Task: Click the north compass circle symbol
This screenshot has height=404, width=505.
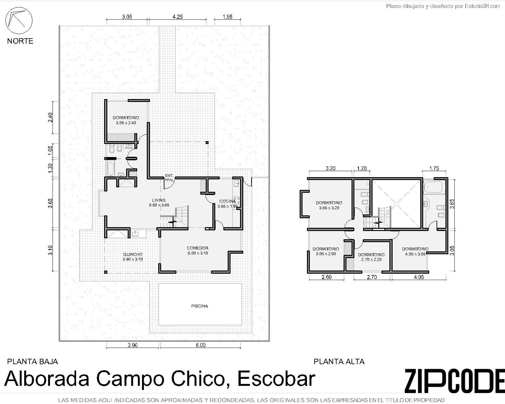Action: (x=19, y=21)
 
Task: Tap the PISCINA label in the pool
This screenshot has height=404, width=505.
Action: (x=200, y=306)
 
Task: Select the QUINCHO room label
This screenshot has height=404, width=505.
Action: (x=132, y=256)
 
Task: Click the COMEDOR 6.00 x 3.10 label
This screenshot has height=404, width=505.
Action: (x=197, y=250)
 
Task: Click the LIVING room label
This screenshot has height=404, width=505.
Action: (x=159, y=203)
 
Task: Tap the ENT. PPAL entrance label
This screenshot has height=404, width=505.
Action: (x=169, y=178)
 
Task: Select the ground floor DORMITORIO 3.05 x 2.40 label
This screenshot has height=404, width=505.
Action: (x=126, y=120)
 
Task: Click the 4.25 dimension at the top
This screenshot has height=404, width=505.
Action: (x=177, y=17)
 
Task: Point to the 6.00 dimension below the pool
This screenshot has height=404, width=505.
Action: (x=201, y=345)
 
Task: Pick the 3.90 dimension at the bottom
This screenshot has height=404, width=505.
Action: (x=132, y=345)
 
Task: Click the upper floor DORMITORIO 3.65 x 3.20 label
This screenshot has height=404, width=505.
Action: (x=329, y=205)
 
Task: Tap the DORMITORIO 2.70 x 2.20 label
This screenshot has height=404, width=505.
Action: (x=371, y=257)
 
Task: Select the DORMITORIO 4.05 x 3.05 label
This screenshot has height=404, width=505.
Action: (x=415, y=251)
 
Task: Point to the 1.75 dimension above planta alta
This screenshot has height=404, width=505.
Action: (x=434, y=168)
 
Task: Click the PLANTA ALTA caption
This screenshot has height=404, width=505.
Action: (x=339, y=362)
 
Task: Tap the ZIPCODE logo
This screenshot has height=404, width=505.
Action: (x=454, y=381)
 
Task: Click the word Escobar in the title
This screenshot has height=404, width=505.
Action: (x=276, y=379)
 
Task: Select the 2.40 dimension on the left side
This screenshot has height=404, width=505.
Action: (x=50, y=117)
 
